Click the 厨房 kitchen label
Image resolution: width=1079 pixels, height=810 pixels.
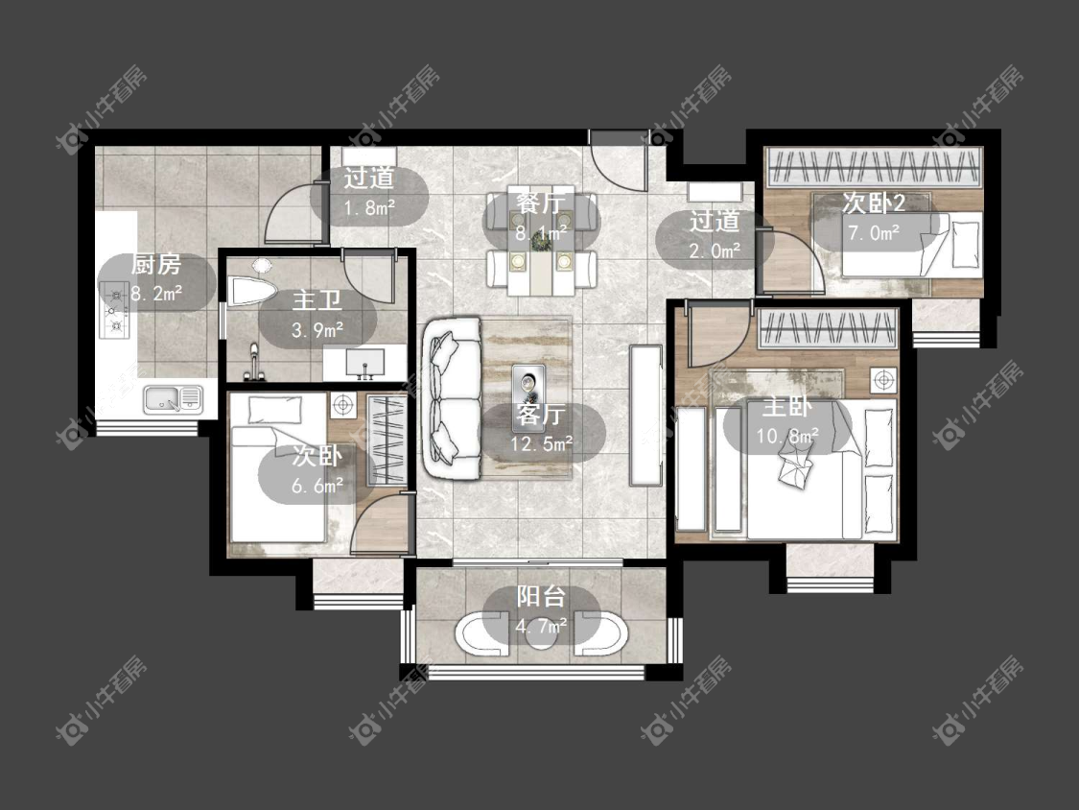tap(155, 265)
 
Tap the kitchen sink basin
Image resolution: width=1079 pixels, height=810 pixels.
tap(174, 399)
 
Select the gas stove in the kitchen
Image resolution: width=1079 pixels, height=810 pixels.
tap(115, 310)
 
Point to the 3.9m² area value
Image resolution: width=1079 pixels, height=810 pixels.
tap(317, 330)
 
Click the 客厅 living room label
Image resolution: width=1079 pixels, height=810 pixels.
tap(542, 414)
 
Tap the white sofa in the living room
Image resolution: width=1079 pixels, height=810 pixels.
tap(452, 398)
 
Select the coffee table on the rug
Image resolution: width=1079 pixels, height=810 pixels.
tap(529, 389)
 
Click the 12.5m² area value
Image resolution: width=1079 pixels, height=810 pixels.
tap(542, 443)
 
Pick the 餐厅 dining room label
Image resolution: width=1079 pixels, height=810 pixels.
tap(542, 203)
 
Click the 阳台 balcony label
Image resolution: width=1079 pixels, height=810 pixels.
tap(542, 597)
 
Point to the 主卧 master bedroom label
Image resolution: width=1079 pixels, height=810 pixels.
tap(787, 406)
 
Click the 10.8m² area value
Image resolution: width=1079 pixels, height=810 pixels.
tap(787, 436)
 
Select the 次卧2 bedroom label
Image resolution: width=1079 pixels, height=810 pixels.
tap(874, 203)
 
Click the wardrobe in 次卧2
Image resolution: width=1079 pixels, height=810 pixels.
tap(873, 167)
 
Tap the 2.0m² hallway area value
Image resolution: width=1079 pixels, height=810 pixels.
tap(715, 250)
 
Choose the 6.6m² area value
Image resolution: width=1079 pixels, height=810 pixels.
tap(317, 487)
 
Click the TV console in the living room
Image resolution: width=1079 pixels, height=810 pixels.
tap(645, 416)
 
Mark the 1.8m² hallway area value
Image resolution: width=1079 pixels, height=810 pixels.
tap(369, 206)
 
